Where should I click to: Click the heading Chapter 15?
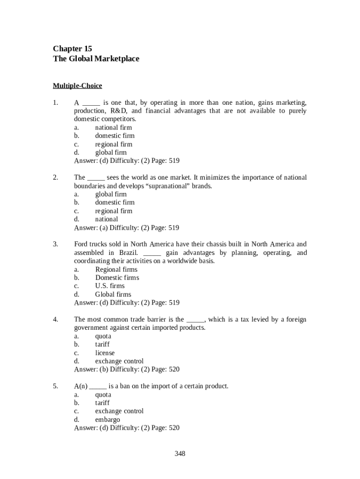(72, 49)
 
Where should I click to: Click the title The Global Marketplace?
(96, 59)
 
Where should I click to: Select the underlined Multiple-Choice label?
(77, 86)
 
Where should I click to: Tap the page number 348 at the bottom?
(180, 453)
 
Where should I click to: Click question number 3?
(55, 244)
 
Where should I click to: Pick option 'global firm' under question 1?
(111, 152)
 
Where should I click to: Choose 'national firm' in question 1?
(114, 127)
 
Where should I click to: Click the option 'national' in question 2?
(107, 219)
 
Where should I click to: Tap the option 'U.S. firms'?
(110, 286)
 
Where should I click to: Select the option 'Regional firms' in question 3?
(116, 269)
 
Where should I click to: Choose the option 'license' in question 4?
(105, 353)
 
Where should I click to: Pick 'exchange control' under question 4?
(119, 361)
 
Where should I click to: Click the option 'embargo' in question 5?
(108, 420)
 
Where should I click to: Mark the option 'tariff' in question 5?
(102, 403)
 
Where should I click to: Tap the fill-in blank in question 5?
(98, 386)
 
